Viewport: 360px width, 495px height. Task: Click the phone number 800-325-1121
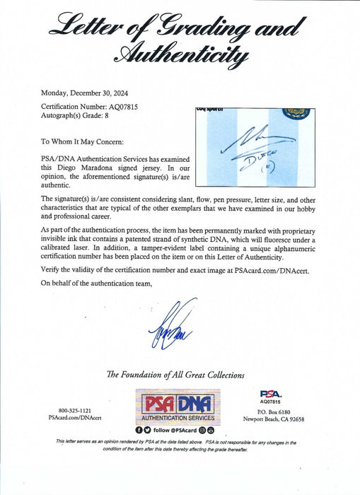click(x=76, y=410)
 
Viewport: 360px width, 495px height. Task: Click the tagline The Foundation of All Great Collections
click(x=175, y=375)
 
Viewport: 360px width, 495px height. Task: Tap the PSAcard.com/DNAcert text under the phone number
click(x=76, y=419)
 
